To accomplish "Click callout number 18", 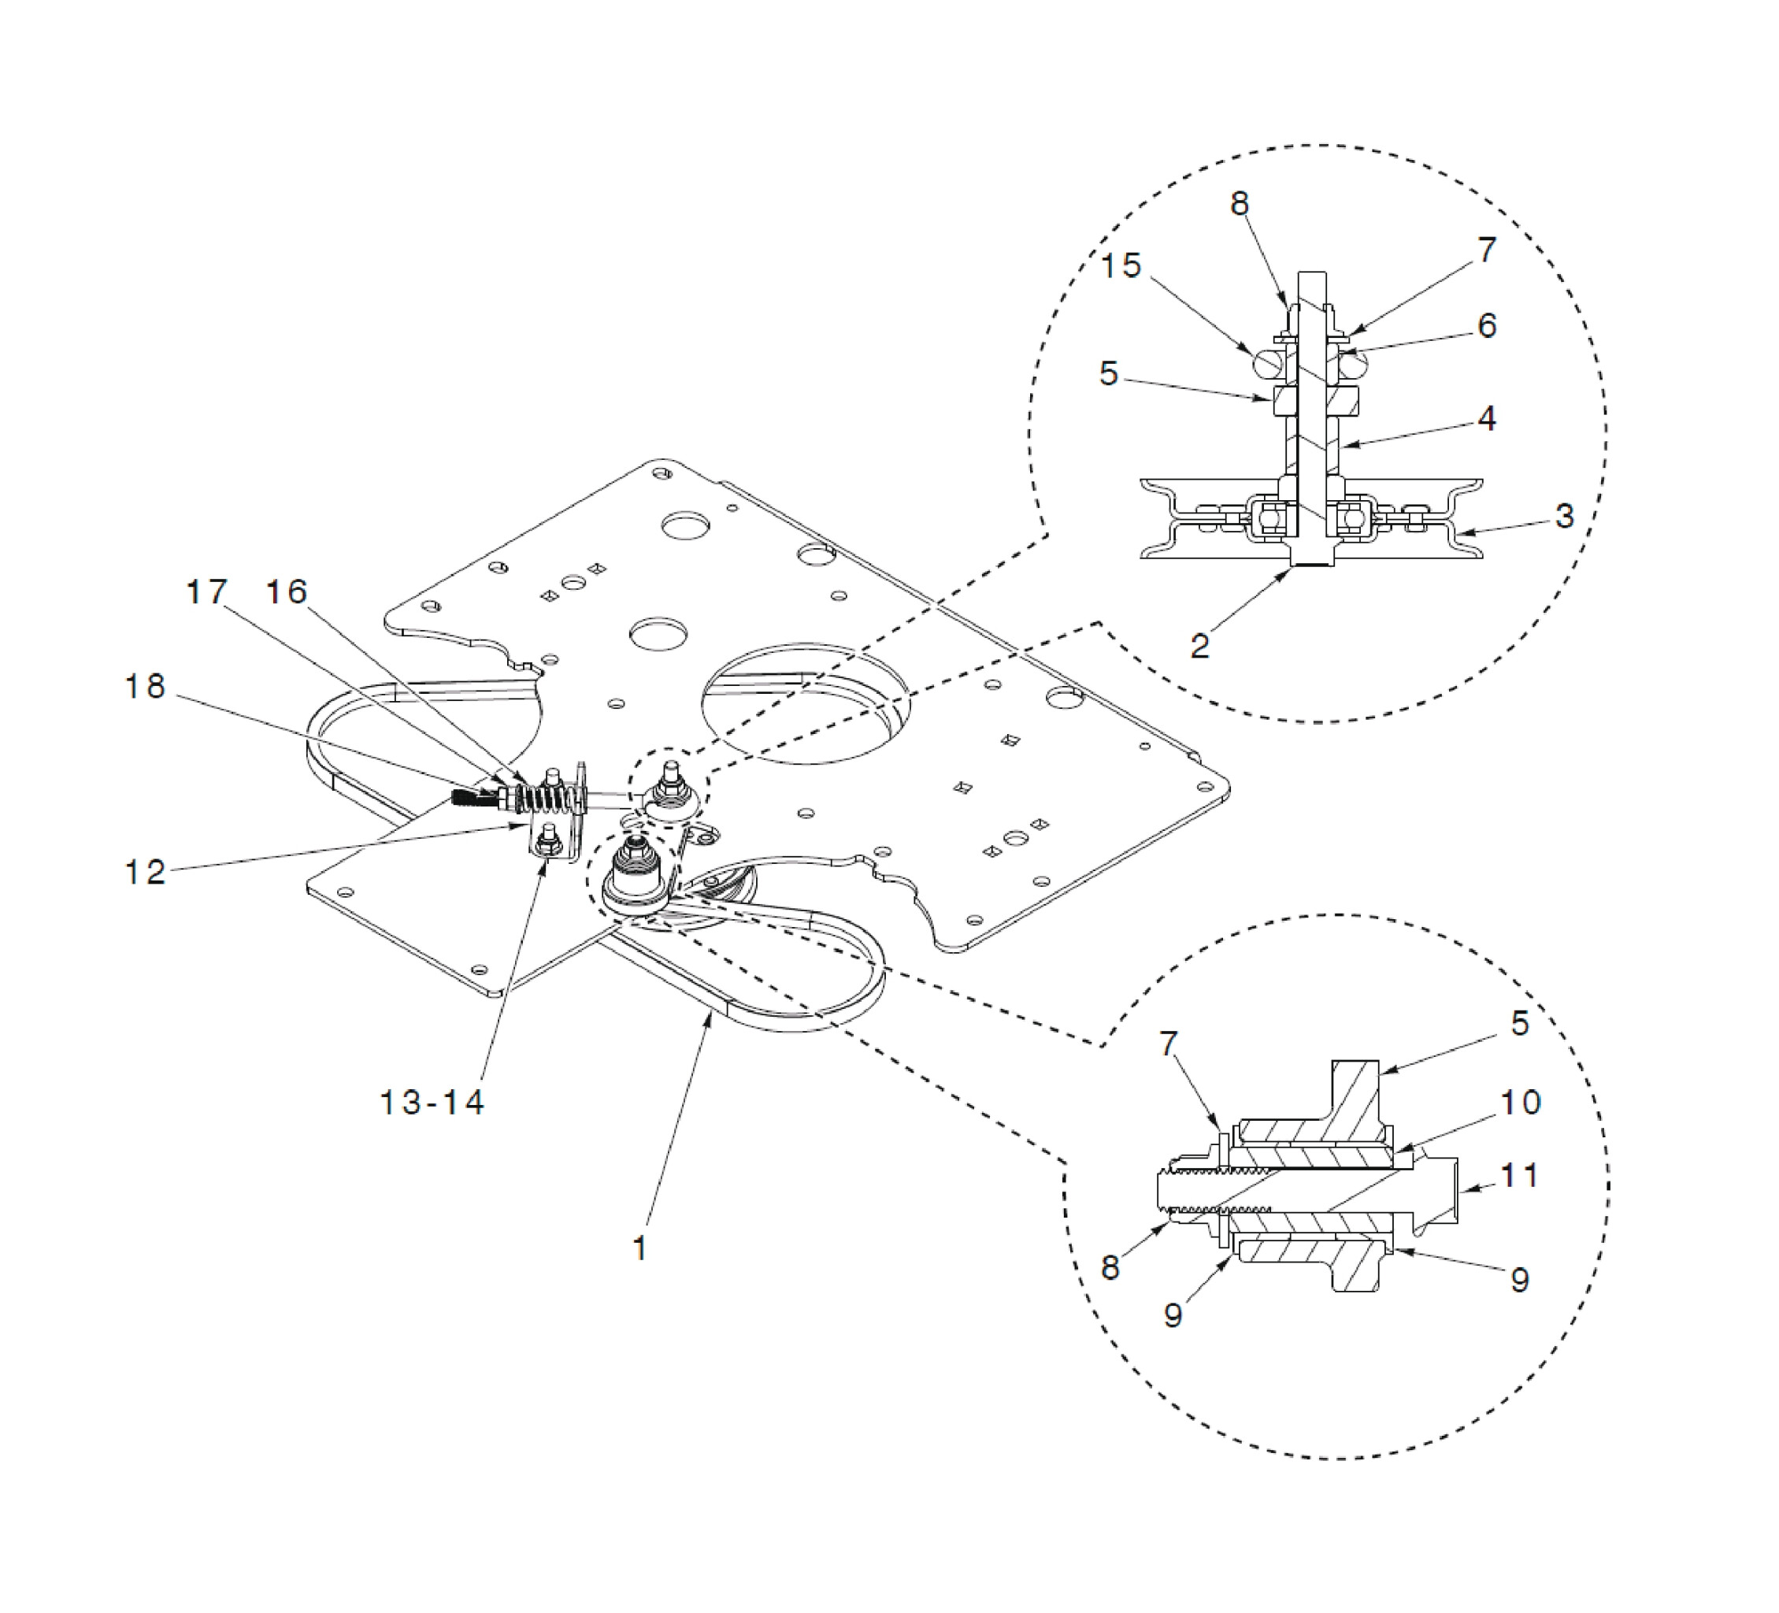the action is pos(145,687).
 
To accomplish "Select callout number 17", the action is pos(206,591).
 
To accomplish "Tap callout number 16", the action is pos(287,591).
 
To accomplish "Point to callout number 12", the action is pos(145,872).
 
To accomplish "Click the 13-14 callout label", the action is pos(432,1102).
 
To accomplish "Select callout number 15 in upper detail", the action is pos(1121,265).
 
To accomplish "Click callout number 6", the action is pos(1487,325).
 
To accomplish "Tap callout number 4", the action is pos(1487,417).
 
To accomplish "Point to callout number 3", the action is pos(1565,515).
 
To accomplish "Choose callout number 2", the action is pos(1200,646).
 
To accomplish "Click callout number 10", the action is pos(1521,1102).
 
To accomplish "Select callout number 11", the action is pos(1521,1175).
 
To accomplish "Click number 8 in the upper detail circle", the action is pos(1240,204).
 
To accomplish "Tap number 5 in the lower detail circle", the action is pos(1520,1024).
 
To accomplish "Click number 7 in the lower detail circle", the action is pos(1169,1044).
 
